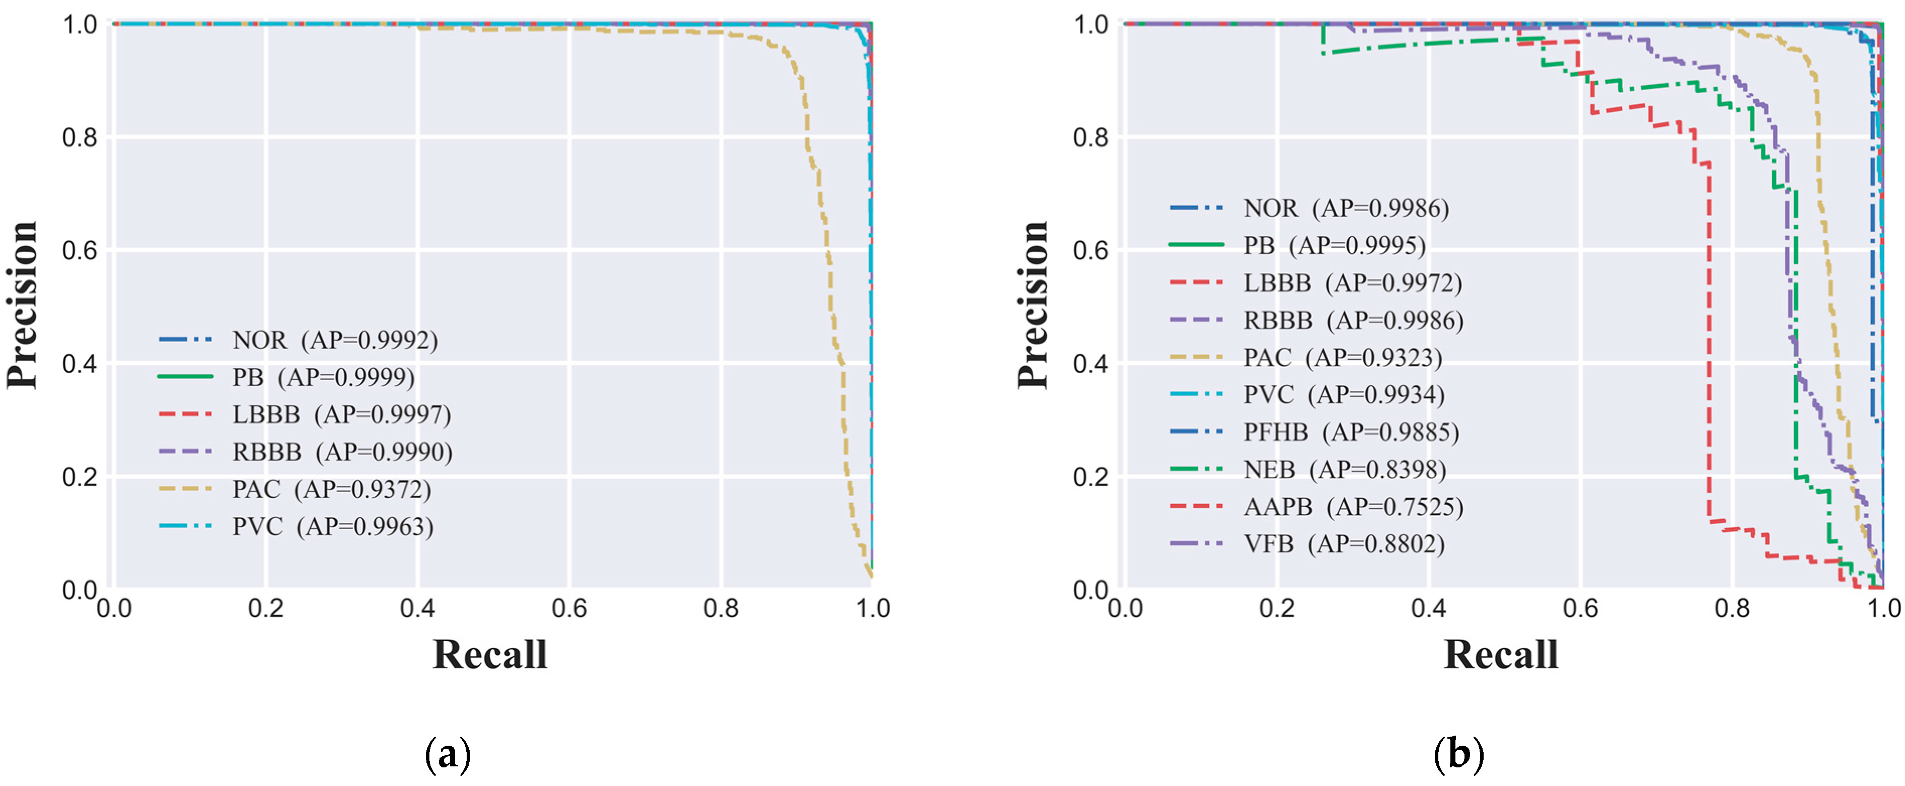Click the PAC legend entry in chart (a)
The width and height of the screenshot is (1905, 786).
pos(331,489)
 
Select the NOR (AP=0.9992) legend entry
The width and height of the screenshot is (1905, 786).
pos(335,340)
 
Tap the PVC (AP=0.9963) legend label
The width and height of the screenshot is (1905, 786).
pos(333,527)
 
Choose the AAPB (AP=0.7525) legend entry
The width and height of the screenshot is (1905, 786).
pos(1353,507)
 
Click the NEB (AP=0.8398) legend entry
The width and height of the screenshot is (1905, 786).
pos(1345,469)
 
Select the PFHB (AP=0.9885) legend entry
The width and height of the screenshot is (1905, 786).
pos(1351,433)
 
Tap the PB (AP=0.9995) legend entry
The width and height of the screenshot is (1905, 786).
pos(1334,246)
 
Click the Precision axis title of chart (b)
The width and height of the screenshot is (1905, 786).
pos(1033,305)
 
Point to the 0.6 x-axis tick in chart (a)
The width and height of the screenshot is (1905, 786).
pos(569,609)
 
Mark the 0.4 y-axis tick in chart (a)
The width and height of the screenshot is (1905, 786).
pos(80,364)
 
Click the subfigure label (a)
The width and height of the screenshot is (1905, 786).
pos(448,755)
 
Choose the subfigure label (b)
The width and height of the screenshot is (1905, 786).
pos(1458,755)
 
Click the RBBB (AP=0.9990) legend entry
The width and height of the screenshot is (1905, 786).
pos(342,452)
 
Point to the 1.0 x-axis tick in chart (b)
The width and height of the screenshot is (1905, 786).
pos(1883,609)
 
